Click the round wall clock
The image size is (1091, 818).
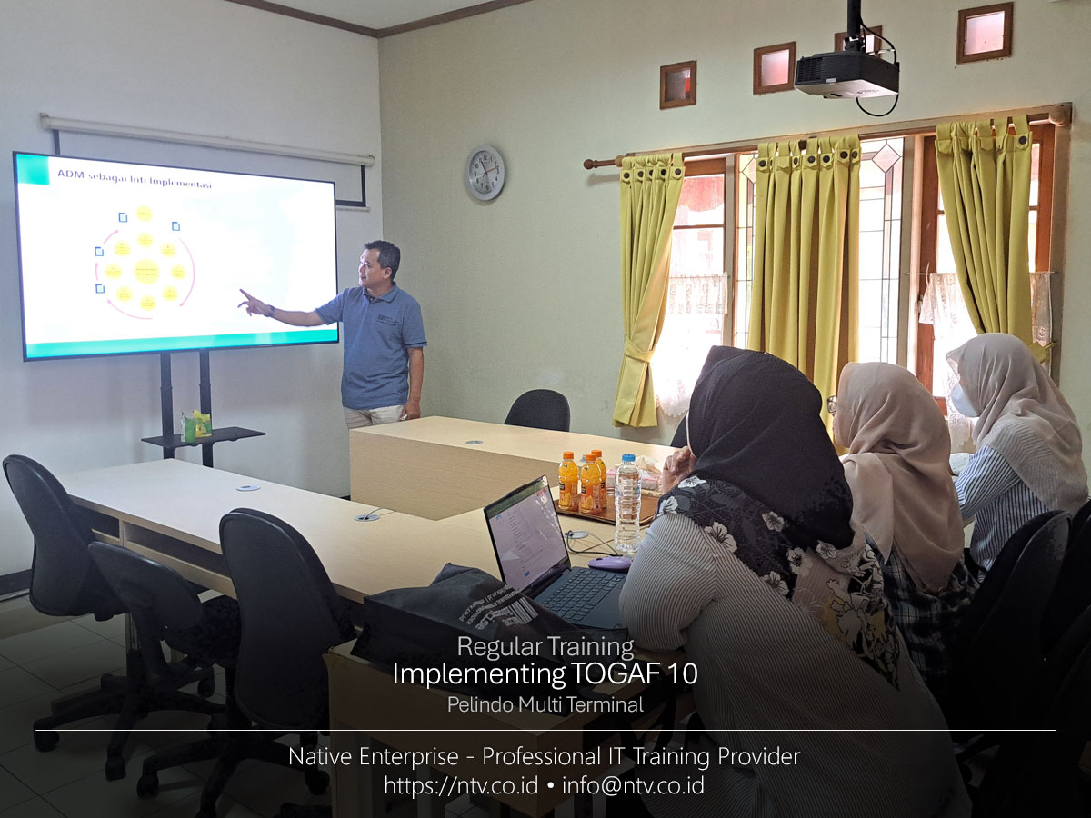485,172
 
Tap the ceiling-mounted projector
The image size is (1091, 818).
846,74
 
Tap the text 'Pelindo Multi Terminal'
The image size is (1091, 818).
545,704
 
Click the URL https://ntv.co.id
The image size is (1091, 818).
460,785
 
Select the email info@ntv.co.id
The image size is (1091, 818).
633,785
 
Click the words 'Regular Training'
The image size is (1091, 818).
545,646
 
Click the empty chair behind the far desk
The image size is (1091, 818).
538,410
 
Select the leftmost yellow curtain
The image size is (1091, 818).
647,282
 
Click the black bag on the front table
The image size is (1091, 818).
455,618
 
